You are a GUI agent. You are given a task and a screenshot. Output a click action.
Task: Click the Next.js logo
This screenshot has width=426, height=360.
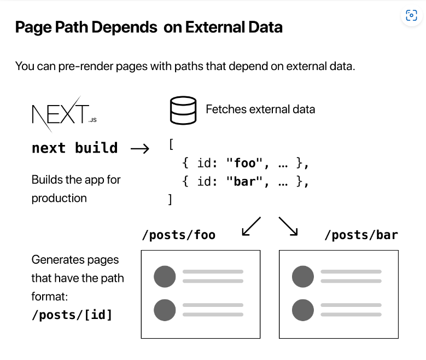point(64,114)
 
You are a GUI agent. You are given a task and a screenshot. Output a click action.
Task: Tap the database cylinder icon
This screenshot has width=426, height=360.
point(183,110)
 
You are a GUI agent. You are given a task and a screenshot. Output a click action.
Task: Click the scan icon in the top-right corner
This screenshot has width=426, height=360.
point(411,15)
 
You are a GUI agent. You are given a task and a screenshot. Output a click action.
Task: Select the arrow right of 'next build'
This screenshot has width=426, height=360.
point(140,148)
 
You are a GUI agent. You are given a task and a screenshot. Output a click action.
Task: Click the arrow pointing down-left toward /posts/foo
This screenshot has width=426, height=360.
point(252,226)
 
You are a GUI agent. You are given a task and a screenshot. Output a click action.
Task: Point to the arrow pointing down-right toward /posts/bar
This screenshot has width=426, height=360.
point(288,226)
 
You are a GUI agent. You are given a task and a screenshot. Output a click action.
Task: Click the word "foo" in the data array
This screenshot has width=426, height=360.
point(245,163)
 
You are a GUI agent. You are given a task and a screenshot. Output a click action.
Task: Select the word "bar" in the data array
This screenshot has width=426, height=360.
point(245,181)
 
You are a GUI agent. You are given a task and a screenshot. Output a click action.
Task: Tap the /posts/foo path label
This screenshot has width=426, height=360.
point(179,235)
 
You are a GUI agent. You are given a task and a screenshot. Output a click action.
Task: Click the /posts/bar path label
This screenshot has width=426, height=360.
point(361,235)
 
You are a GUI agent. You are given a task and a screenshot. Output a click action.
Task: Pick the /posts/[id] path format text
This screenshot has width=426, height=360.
point(72,315)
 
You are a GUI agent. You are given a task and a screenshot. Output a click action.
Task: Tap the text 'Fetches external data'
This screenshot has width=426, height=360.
point(260,109)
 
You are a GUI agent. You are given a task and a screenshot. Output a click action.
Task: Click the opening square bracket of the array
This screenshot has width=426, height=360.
point(171,144)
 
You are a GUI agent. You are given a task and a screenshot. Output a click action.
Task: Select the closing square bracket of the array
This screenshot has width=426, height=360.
point(170,199)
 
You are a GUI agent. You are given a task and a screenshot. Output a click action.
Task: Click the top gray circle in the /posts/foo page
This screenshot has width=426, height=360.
point(165,276)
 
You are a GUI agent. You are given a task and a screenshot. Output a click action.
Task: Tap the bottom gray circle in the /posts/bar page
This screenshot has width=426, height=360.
point(303,310)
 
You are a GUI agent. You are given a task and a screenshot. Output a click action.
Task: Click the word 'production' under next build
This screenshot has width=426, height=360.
point(59,198)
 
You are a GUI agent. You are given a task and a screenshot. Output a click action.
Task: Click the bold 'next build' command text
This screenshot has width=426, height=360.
point(75,148)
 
